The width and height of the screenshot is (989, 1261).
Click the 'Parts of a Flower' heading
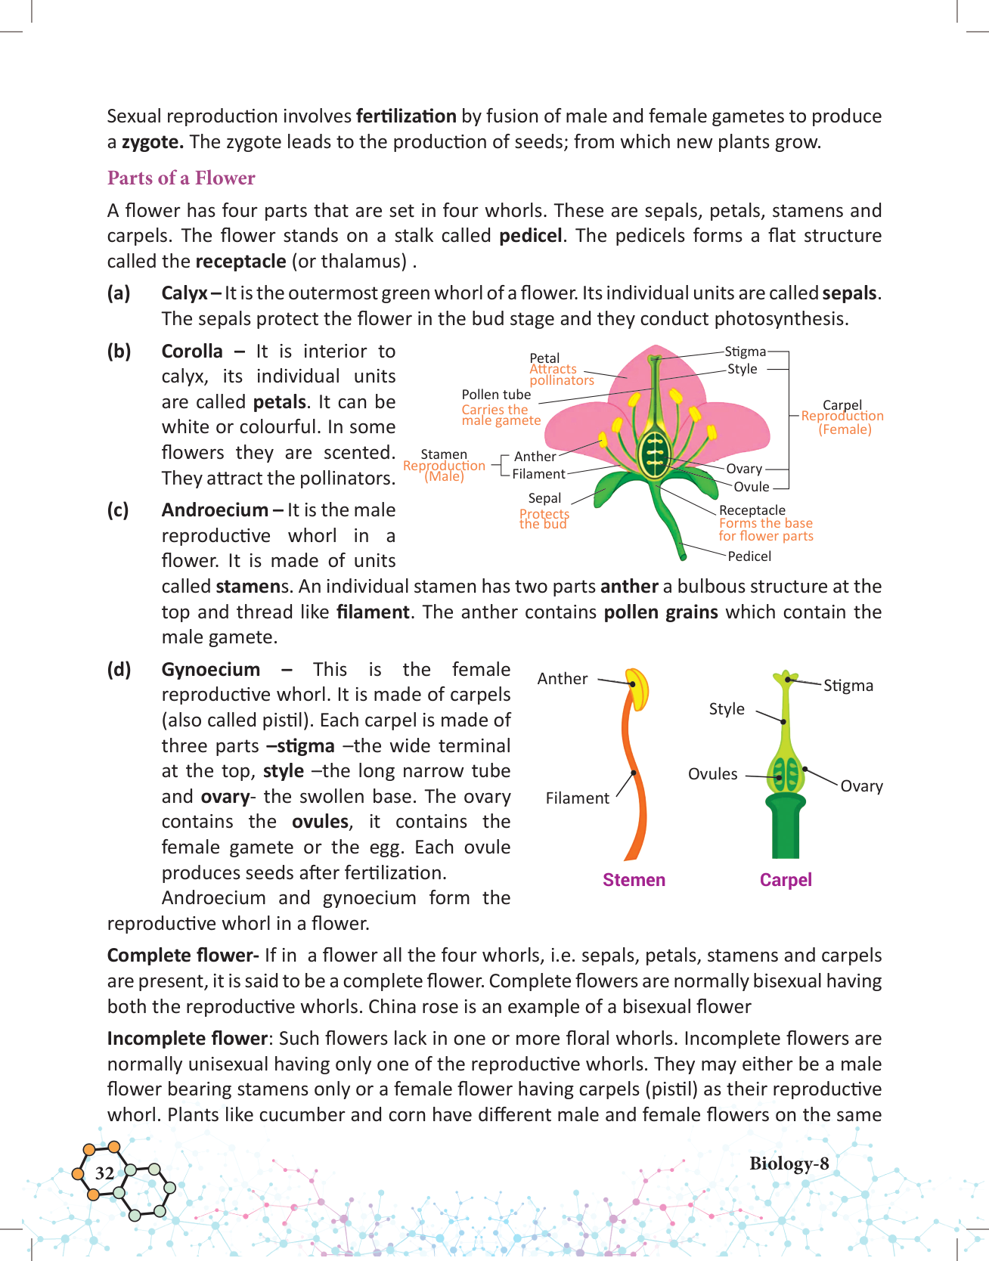point(181,178)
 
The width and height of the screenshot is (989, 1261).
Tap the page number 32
point(104,1173)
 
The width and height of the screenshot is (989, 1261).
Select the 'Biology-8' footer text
point(789,1163)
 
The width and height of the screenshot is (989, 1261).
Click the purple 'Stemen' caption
point(634,880)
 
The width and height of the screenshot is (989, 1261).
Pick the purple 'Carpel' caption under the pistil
point(786,880)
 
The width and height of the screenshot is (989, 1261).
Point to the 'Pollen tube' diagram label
point(496,395)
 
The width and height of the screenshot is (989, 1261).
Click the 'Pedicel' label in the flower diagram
point(749,556)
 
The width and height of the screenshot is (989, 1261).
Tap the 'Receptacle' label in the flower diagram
point(752,510)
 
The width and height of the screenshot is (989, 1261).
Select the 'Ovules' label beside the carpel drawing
point(712,774)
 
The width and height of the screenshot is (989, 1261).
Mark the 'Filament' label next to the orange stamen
point(577,798)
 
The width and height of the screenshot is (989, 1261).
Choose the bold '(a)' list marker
point(119,293)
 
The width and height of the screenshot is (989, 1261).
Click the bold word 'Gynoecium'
point(210,670)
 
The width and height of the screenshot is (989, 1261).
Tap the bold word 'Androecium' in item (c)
point(215,510)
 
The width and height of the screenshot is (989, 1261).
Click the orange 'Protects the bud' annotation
point(544,519)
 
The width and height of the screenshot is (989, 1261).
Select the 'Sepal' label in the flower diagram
point(544,498)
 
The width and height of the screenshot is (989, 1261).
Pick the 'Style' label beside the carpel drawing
point(727,709)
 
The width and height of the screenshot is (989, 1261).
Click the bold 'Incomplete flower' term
point(188,1039)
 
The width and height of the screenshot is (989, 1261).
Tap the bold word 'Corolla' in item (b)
point(192,352)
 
